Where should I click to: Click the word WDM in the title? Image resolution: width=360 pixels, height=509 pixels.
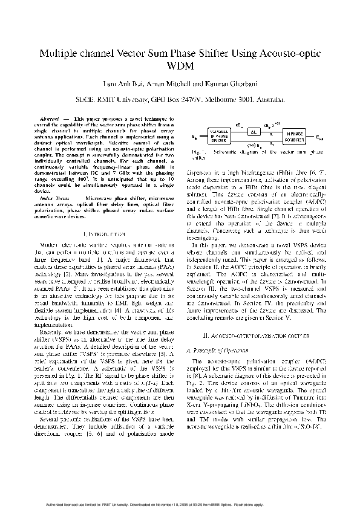click(180, 66)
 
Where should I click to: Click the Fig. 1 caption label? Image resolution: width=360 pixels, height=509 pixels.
click(198, 152)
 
